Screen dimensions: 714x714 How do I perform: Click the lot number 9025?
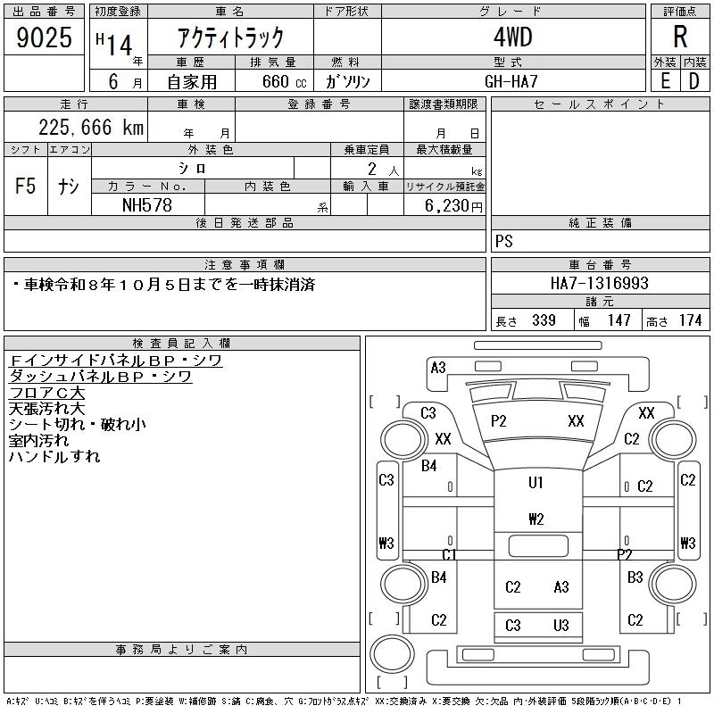click(x=44, y=37)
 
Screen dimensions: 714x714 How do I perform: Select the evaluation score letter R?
click(x=679, y=37)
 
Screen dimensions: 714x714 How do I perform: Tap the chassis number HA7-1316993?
click(x=600, y=283)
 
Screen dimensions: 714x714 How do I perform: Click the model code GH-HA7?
click(x=513, y=80)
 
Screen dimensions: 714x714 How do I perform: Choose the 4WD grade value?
click(x=513, y=37)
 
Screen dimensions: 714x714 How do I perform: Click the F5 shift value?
click(x=25, y=187)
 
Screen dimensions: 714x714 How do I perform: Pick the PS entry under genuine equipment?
click(x=504, y=242)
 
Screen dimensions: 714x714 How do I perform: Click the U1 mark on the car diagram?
click(x=535, y=483)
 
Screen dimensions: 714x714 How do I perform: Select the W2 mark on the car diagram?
click(x=535, y=519)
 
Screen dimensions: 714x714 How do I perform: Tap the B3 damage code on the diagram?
click(x=635, y=577)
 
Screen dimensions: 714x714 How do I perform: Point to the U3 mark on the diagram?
click(x=561, y=626)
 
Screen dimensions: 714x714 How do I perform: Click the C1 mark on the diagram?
click(x=450, y=554)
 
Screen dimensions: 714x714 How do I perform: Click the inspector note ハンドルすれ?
click(x=54, y=457)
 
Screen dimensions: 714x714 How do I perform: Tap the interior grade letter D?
click(x=693, y=80)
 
